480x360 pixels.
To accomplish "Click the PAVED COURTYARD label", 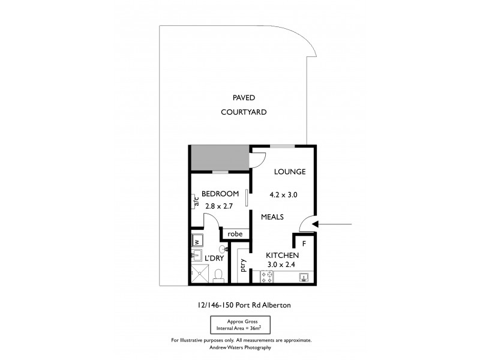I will coord(243,105).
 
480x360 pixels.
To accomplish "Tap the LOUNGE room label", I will coord(290,172).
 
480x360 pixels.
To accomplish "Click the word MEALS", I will coord(272,217).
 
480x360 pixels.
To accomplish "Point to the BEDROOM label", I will coord(220,194).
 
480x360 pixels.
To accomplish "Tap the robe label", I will coord(235,233).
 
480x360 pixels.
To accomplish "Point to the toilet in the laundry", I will coord(220,274).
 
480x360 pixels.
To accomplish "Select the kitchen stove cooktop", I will coord(267,277).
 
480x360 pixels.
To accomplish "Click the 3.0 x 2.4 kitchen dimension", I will coord(282,265).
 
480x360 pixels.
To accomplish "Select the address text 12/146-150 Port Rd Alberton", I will coord(241,305).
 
